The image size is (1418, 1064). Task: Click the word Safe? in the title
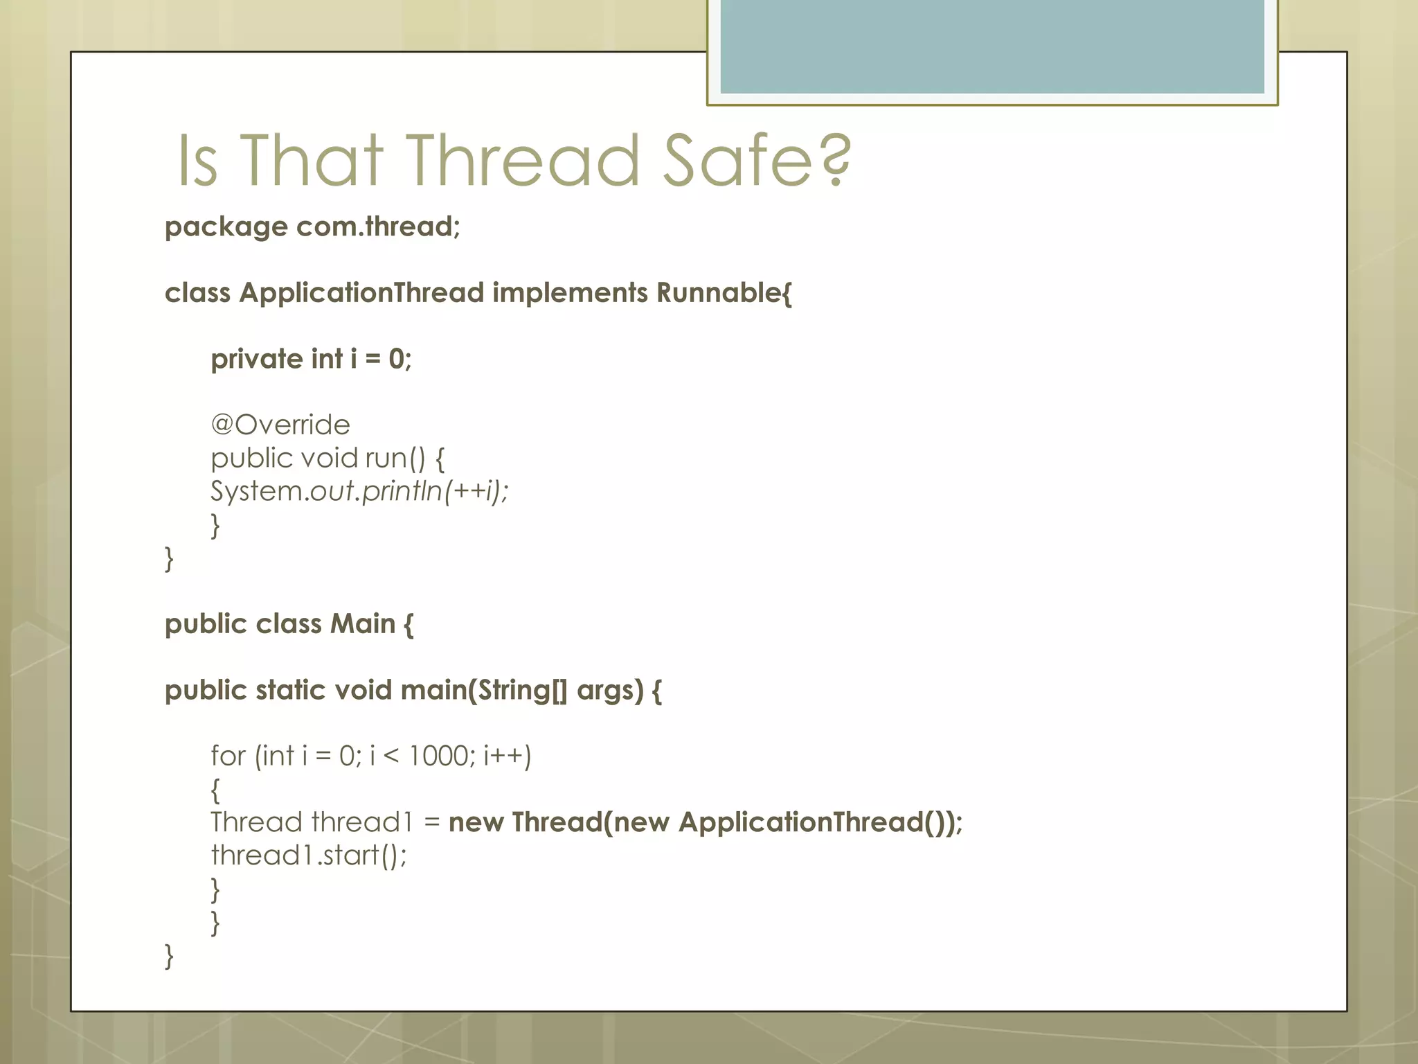point(757,161)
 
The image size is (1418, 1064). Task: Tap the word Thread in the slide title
point(521,161)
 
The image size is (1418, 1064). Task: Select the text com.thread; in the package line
point(378,227)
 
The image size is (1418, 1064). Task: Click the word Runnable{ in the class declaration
point(724,293)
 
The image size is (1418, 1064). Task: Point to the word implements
point(570,293)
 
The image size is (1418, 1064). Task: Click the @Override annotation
point(280,425)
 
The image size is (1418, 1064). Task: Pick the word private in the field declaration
point(256,359)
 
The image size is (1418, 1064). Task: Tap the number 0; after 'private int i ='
point(400,359)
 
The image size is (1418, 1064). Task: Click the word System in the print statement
point(257,491)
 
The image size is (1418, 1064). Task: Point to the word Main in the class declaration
point(362,623)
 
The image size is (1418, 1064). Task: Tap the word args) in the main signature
point(610,690)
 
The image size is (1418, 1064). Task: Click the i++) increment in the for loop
point(508,756)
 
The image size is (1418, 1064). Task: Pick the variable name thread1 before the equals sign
point(361,822)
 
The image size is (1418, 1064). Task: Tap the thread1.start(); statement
point(309,855)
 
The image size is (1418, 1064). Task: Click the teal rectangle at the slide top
point(992,46)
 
